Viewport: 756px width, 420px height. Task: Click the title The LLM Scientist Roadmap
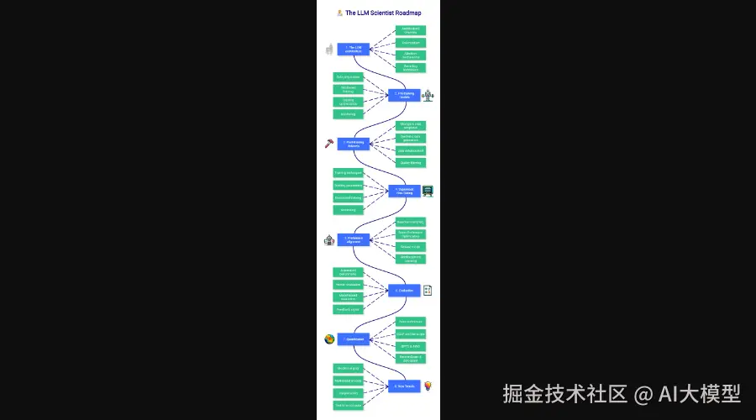379,13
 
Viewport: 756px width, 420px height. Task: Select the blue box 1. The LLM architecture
354,49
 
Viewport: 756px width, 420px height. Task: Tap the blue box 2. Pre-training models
404,95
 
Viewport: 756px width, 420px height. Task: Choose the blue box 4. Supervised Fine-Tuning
404,191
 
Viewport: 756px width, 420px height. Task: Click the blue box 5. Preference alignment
354,239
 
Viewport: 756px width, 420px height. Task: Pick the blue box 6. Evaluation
404,291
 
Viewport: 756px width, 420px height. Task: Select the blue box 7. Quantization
354,339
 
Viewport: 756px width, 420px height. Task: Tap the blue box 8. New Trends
404,386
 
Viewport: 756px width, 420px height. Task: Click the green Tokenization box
410,42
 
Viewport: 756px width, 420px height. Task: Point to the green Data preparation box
348,76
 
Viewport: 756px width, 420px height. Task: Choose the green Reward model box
410,246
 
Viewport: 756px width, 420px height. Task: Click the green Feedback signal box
348,309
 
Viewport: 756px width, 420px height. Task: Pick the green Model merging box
348,368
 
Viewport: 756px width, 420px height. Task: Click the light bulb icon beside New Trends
428,386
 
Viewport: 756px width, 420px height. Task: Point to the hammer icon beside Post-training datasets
329,144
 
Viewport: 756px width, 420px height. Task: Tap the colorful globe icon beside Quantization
329,339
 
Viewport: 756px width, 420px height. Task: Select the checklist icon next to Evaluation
428,291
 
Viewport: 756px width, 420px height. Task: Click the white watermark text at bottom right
622,393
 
